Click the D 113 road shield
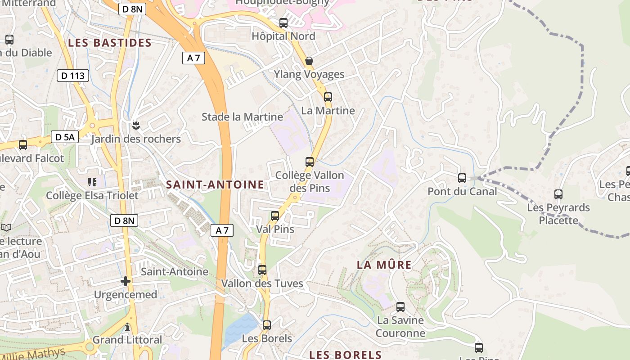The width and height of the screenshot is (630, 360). [73, 76]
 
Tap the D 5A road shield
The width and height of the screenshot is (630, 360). [65, 137]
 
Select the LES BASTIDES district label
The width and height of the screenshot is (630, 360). [110, 43]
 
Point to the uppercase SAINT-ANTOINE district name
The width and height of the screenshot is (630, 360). [215, 184]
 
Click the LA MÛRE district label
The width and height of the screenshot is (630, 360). [384, 265]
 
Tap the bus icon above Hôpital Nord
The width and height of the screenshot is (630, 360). [283, 23]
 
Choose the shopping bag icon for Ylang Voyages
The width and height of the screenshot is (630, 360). [309, 61]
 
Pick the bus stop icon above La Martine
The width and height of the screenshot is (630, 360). [328, 97]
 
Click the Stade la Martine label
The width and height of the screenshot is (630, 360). [242, 117]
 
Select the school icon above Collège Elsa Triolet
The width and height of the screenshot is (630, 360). [92, 182]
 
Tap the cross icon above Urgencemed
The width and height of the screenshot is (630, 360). [126, 281]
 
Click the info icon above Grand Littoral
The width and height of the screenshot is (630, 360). [127, 327]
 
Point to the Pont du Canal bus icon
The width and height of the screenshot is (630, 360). [462, 178]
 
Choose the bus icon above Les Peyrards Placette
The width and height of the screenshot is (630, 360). [558, 194]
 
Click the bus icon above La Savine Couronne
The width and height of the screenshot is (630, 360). [400, 307]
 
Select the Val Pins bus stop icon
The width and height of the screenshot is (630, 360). [275, 216]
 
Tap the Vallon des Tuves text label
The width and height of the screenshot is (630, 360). [262, 284]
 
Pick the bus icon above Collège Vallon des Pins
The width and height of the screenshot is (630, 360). [310, 162]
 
